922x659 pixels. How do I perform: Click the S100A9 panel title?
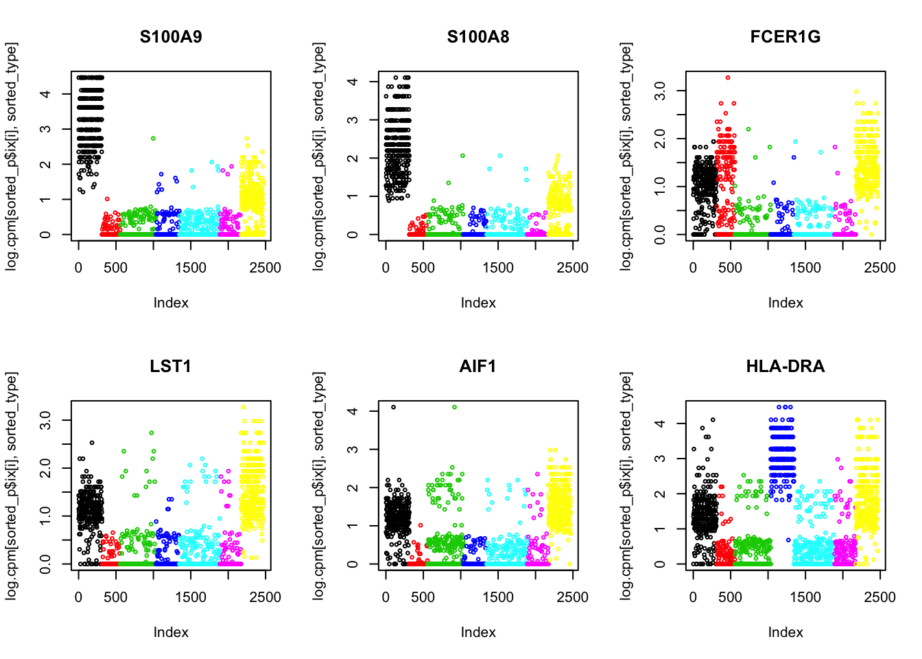pos(171,37)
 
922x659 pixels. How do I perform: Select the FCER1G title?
pos(785,37)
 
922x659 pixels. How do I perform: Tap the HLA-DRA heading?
pos(785,367)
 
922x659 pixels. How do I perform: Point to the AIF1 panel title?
pos(477,367)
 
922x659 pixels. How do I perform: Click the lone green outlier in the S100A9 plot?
pos(153,139)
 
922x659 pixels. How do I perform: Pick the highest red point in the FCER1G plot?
pos(728,78)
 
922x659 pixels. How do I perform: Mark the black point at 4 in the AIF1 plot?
pos(393,407)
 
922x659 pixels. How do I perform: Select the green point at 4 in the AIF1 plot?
pos(454,407)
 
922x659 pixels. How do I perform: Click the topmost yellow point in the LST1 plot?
pos(243,407)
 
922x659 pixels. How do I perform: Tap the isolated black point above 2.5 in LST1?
pos(92,443)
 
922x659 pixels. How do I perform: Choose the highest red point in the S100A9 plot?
pos(107,199)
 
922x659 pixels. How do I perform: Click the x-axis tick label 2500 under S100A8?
pos(572,268)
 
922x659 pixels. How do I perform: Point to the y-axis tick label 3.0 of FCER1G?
pos(660,91)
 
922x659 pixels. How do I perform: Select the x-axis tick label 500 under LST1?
pos(115,598)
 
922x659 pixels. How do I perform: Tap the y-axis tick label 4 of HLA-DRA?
pos(660,424)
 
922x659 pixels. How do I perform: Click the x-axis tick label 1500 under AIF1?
pos(497,598)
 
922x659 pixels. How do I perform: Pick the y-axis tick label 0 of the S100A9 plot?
pos(45,235)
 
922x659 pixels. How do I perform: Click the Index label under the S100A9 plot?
pos(171,303)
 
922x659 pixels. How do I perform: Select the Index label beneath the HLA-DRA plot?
pos(785,632)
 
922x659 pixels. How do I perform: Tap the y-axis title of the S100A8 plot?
pos(318,157)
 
